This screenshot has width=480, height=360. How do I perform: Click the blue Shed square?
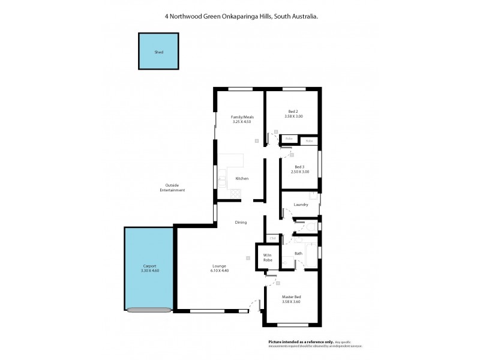pyautogui.click(x=159, y=52)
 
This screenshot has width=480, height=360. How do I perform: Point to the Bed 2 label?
pyautogui.click(x=292, y=112)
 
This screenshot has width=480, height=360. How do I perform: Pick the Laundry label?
pyautogui.click(x=301, y=205)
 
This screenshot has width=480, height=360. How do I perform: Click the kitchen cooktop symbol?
pyautogui.click(x=234, y=193)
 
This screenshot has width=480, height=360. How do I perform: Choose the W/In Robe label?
pyautogui.click(x=268, y=259)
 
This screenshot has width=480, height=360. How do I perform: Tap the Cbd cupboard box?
pyautogui.click(x=272, y=239)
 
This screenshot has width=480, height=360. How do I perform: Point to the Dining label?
pyautogui.click(x=241, y=223)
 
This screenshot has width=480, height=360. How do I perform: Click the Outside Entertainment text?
pyautogui.click(x=172, y=188)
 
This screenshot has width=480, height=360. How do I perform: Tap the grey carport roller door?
pyautogui.click(x=148, y=310)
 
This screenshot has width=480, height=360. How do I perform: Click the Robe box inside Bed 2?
pyautogui.click(x=289, y=139)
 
